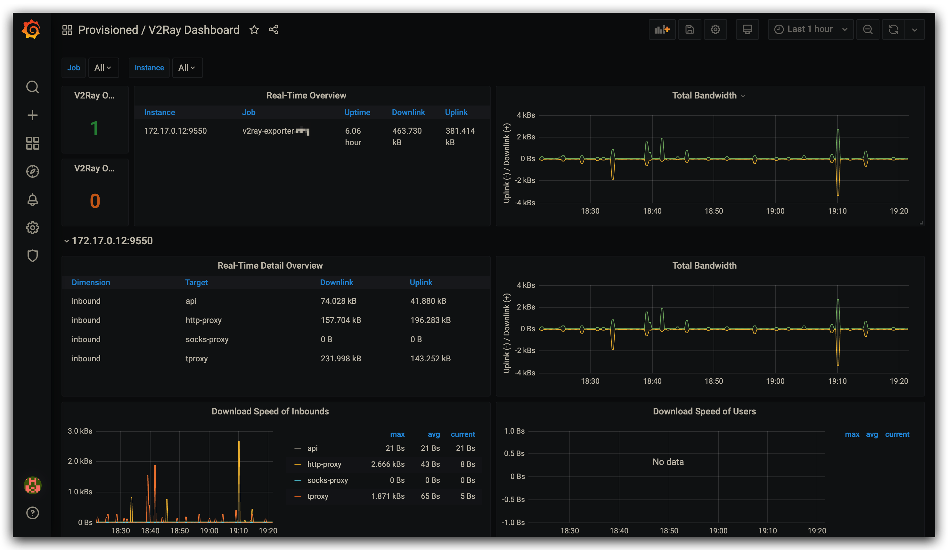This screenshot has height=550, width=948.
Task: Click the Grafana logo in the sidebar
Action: click(31, 29)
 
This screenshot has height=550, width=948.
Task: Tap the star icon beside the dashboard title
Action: click(254, 30)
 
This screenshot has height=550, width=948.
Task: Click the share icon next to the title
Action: click(274, 30)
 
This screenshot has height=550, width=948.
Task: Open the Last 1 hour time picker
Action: click(810, 29)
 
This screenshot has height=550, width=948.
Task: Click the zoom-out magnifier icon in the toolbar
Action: click(868, 29)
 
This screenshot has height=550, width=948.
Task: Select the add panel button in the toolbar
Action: click(662, 29)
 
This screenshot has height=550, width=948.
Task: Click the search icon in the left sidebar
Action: click(33, 87)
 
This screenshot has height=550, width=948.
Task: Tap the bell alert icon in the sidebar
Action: click(33, 200)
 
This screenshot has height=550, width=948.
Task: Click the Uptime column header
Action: click(357, 112)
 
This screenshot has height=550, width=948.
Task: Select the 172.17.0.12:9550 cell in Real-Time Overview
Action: click(175, 131)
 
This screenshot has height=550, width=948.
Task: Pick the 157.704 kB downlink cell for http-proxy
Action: click(340, 320)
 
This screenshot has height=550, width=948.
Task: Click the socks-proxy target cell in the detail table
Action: click(207, 339)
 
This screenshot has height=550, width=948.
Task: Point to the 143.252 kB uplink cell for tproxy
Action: click(430, 358)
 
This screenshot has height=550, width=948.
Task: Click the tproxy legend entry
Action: click(317, 496)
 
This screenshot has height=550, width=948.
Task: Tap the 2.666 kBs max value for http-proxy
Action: click(388, 464)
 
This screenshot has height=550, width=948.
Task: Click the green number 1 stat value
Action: click(94, 128)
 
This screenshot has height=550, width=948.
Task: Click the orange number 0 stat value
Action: click(95, 201)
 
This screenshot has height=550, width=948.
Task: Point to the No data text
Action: click(668, 462)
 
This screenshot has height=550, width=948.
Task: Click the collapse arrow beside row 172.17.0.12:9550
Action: click(67, 241)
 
